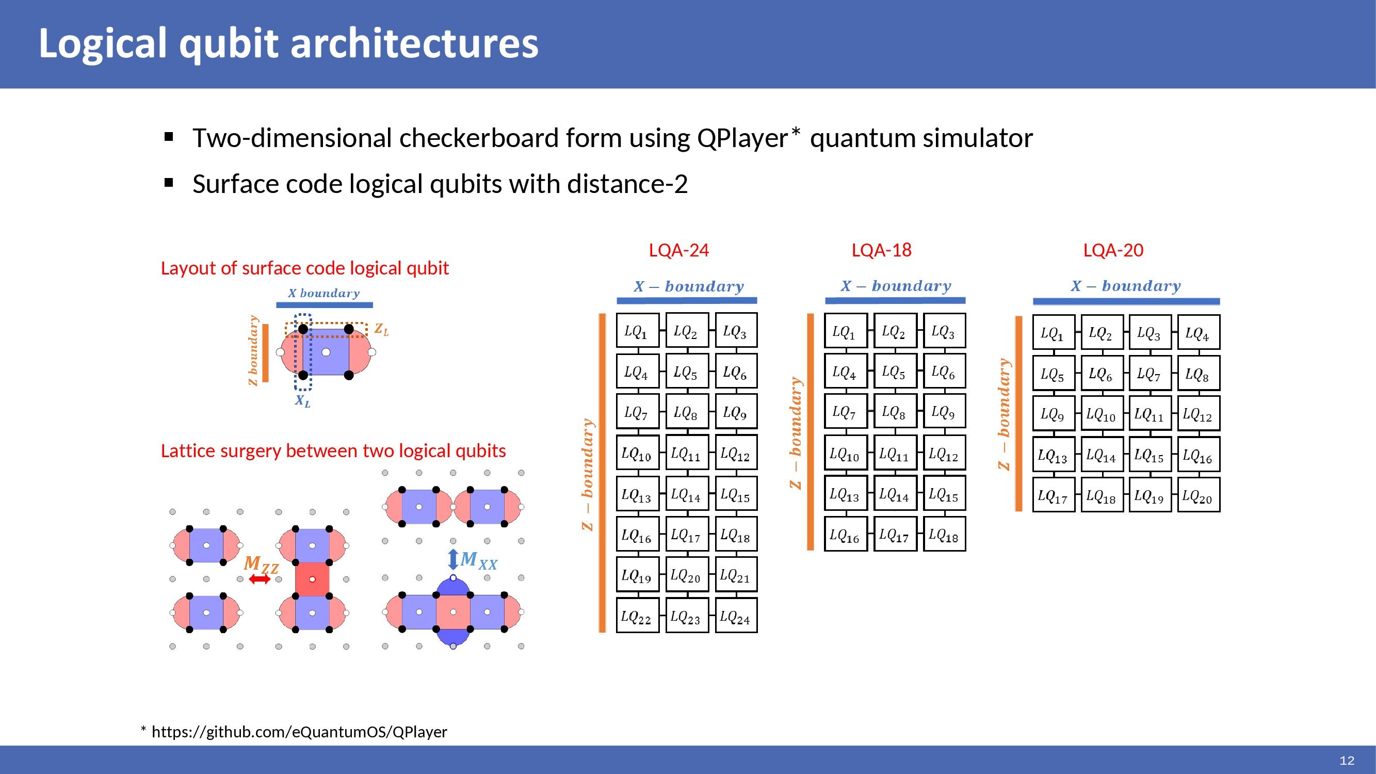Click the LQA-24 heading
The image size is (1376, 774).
tap(678, 250)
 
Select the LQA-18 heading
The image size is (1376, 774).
tap(881, 250)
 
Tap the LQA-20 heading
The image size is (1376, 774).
tap(1113, 250)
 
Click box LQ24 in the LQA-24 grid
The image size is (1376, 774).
tap(736, 617)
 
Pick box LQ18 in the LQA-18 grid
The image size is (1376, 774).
tap(944, 535)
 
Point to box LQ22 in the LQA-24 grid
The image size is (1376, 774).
tap(637, 617)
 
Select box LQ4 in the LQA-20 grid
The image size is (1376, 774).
tap(1198, 333)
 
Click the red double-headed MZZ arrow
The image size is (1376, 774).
tap(260, 579)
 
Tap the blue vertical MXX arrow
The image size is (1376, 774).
tap(453, 559)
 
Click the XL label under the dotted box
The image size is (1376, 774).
tap(302, 400)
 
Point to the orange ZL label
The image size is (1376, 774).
tap(381, 329)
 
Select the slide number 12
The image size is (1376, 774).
tap(1347, 761)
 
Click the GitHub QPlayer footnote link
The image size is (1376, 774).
tap(299, 732)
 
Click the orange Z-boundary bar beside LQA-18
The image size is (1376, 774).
tap(811, 431)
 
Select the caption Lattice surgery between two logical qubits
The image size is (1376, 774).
tap(333, 451)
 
